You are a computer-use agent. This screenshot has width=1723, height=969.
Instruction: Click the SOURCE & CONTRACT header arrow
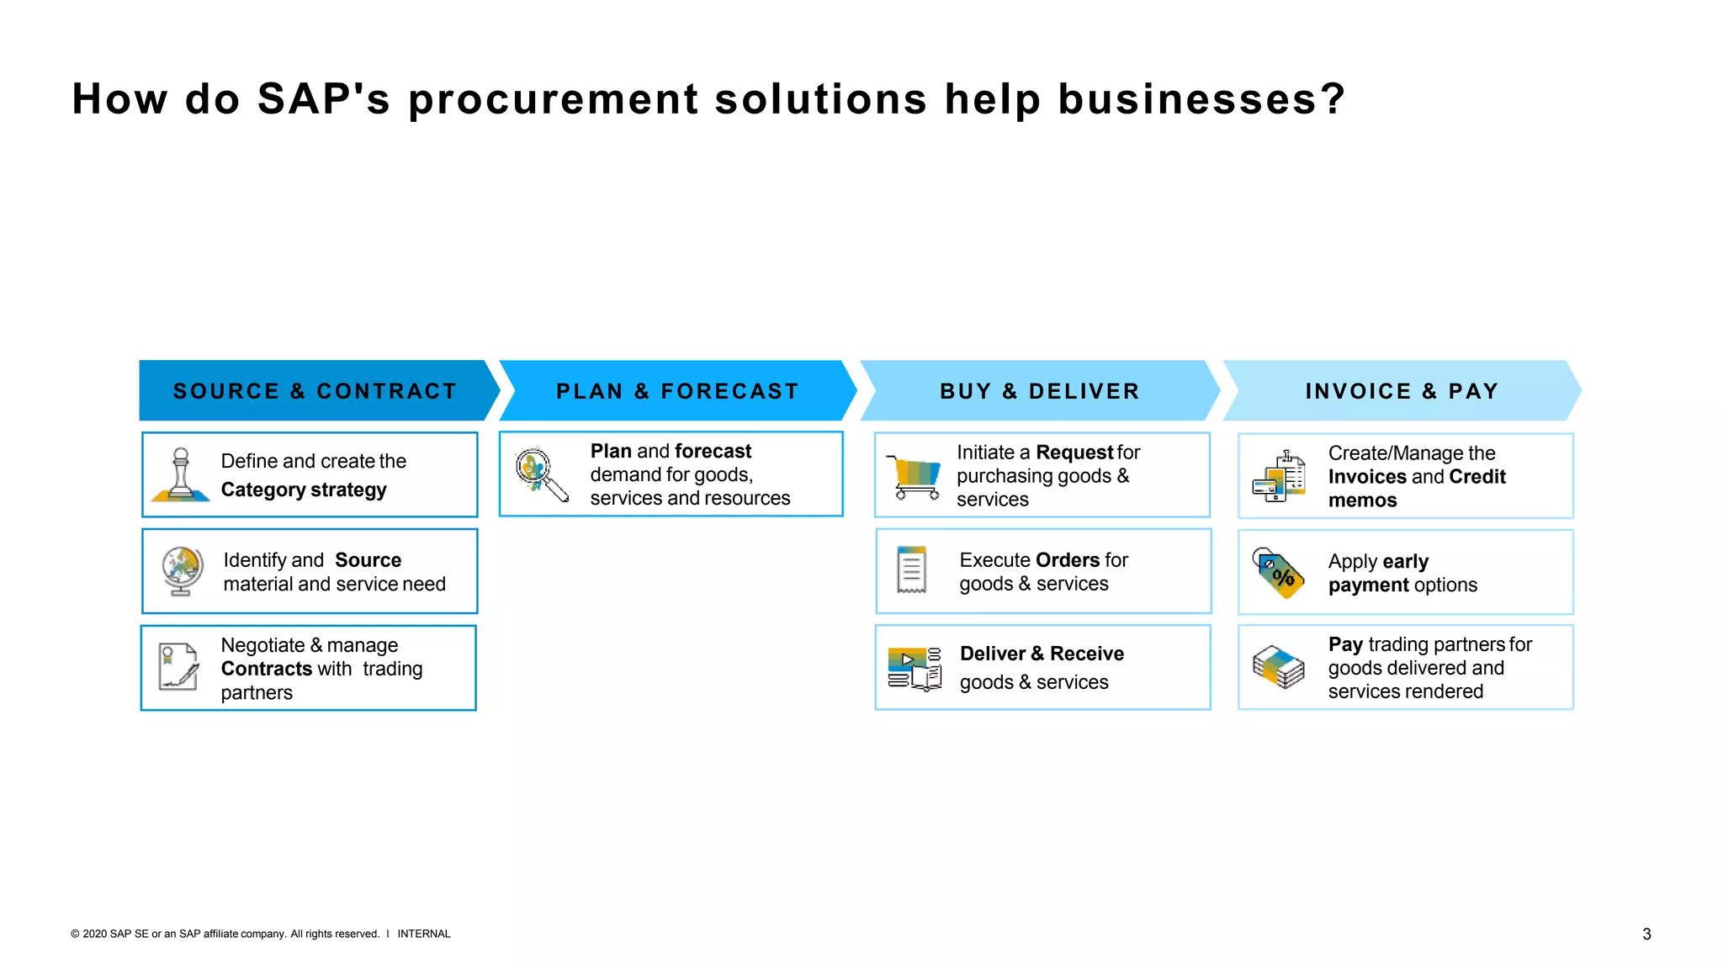315,391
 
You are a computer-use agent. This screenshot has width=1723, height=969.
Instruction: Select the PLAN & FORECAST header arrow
677,391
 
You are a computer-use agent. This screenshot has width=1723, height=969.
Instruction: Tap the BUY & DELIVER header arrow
1040,391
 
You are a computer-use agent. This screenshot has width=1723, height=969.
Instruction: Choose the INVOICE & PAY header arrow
1402,391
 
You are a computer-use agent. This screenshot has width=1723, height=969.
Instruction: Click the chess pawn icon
180,475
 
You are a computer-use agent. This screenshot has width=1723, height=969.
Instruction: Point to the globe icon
182,571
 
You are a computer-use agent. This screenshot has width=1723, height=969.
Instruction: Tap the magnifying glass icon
541,474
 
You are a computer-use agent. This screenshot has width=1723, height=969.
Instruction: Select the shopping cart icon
915,477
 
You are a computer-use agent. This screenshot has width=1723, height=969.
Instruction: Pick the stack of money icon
1278,667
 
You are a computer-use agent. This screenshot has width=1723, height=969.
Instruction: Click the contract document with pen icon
178,667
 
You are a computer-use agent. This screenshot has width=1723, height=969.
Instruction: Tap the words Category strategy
304,490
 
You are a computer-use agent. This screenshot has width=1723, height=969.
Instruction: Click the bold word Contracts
266,669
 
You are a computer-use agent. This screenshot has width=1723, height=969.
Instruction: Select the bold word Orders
1068,560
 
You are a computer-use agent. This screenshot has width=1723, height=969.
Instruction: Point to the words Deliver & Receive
1042,654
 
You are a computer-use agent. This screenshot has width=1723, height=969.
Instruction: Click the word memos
1362,500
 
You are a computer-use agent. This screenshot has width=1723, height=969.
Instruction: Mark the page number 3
1646,934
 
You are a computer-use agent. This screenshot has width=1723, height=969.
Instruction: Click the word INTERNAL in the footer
424,934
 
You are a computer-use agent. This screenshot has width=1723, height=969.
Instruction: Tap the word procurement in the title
553,99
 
